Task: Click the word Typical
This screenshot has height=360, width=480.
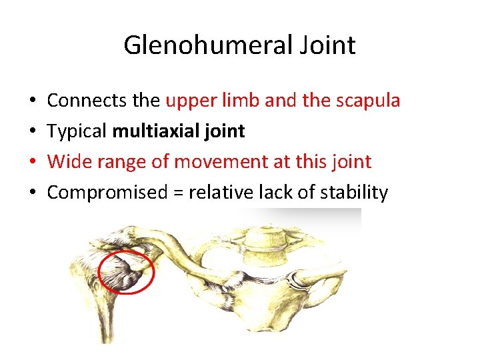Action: click(x=77, y=131)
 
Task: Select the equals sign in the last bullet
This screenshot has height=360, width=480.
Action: click(x=177, y=193)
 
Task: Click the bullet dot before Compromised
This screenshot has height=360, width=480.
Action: click(x=33, y=193)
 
